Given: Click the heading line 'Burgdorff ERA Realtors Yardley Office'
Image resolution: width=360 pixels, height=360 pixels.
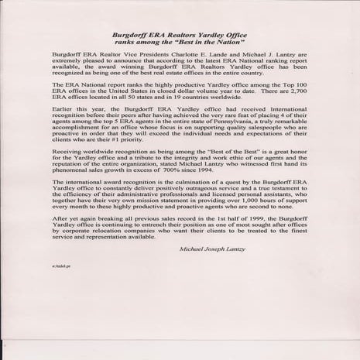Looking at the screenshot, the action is pos(180,36).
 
